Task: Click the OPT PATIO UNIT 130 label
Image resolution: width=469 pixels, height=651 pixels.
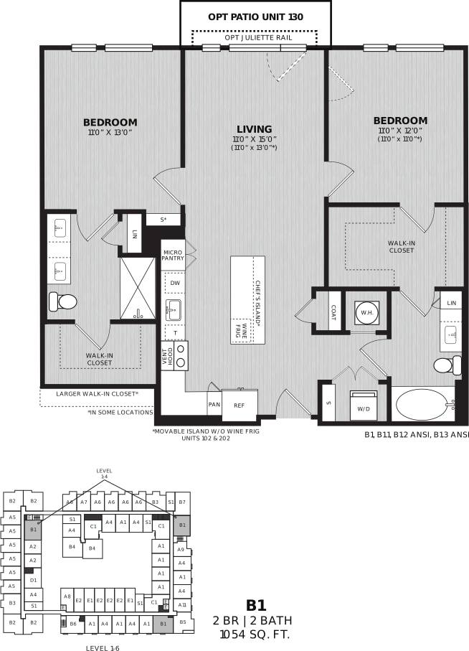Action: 255,16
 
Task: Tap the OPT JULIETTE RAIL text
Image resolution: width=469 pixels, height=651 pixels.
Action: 255,37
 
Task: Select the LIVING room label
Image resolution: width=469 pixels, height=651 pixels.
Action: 254,129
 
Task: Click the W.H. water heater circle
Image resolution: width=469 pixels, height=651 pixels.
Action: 366,312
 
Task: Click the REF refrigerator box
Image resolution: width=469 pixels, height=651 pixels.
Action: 239,405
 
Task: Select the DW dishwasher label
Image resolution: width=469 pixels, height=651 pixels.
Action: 174,283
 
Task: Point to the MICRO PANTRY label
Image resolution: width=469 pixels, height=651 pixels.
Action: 173,256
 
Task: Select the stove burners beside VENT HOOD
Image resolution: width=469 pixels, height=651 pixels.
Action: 181,355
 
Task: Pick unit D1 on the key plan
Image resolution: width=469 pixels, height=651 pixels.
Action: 32,579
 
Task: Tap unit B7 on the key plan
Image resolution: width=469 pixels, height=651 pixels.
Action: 182,502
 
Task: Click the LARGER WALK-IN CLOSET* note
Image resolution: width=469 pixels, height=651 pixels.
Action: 97,393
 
